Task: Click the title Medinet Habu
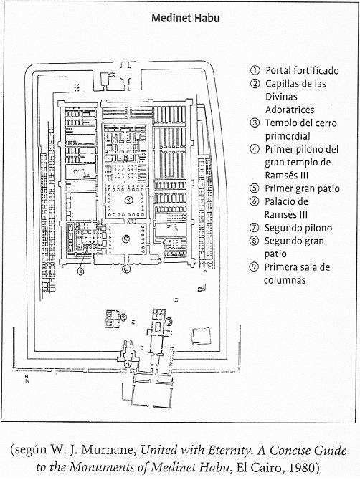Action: tap(185, 18)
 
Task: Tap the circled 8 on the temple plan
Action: tap(129, 200)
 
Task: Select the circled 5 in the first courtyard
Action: tap(126, 239)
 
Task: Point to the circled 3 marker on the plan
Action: tap(169, 321)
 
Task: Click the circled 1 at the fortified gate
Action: tap(128, 364)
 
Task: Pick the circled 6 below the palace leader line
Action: tap(81, 272)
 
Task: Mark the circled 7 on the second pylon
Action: tap(132, 221)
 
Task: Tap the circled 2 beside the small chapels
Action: tap(123, 317)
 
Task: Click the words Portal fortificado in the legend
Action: tap(302, 70)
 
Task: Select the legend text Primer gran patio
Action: tap(302, 188)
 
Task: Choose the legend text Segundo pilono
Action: tap(298, 228)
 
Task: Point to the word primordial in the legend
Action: tap(288, 136)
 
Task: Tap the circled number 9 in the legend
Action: tap(254, 267)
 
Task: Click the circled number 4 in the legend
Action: tap(255, 149)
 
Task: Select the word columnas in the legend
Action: tap(285, 280)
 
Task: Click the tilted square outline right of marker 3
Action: tap(202, 337)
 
